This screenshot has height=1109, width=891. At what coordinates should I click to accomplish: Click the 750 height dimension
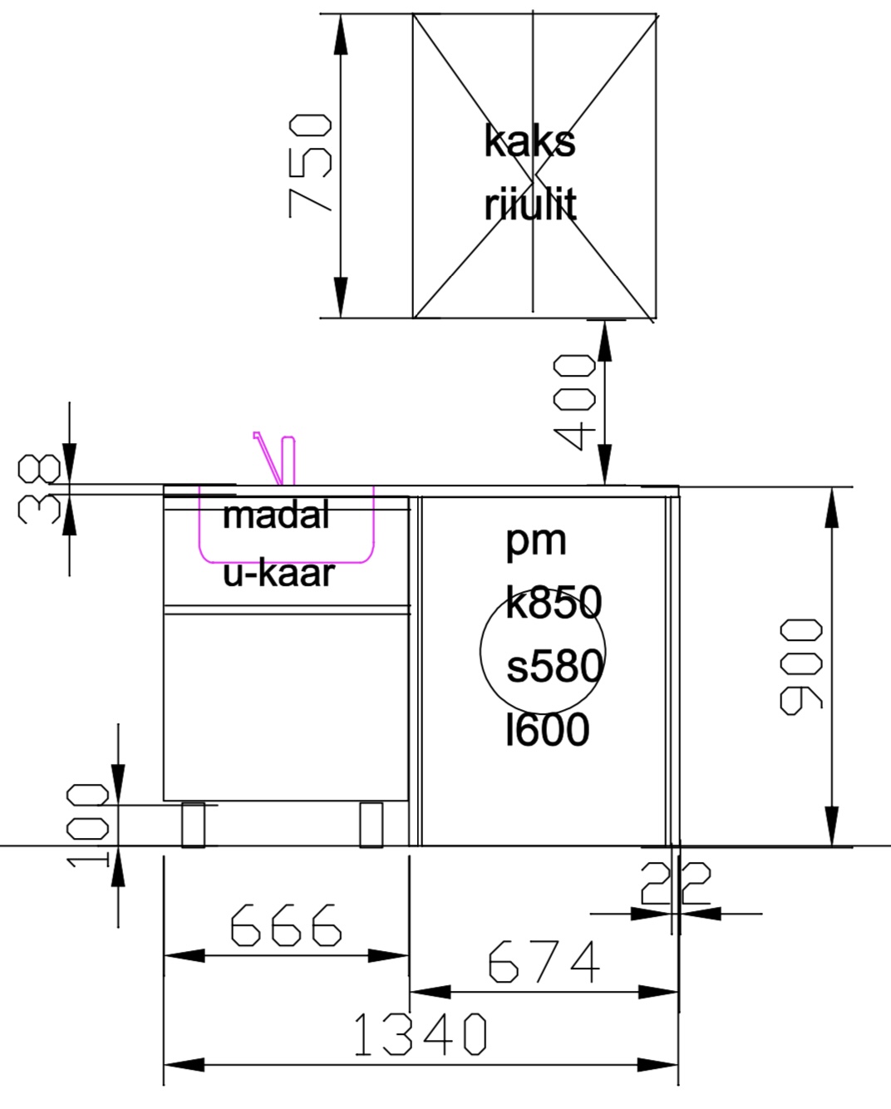pos(311,165)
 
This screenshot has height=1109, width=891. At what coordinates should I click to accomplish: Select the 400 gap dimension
pos(574,401)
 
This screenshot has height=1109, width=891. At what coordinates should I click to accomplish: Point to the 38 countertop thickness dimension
pos(40,489)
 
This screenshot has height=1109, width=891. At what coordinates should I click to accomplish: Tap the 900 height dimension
pos(801,666)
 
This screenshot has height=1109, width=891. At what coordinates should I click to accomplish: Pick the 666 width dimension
pos(285,924)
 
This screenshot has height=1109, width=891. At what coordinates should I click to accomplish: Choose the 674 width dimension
pos(544,961)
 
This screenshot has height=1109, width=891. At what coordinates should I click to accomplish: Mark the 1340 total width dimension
pos(420,1035)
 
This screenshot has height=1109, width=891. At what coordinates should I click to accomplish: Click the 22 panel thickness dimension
pos(676,885)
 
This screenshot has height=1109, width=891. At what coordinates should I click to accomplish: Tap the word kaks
pos(529,140)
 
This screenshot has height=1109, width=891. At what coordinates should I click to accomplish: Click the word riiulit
pos(530,205)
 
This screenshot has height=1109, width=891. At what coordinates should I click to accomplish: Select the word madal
pos(276,515)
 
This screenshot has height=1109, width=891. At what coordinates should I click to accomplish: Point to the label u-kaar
pos(278,573)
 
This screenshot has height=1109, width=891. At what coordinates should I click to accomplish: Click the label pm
pos(536,541)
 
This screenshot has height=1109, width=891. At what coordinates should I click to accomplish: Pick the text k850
pos(554,603)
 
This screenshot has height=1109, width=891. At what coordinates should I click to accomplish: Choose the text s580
pos(554,667)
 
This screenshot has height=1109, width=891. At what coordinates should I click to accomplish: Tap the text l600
pos(548,730)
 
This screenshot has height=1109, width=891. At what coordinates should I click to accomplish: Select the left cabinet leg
pos(193,824)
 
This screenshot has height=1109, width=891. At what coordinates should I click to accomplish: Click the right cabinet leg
pos(371,824)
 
